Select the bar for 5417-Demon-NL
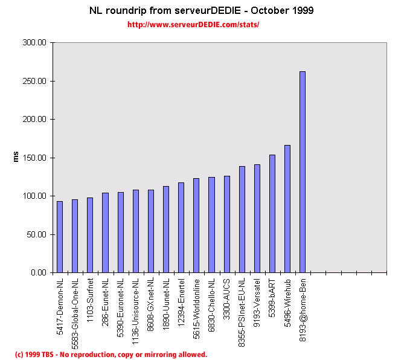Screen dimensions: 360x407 [x=60, y=237]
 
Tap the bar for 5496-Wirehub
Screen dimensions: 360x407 [x=287, y=209]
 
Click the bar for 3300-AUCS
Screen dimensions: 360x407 [x=227, y=224]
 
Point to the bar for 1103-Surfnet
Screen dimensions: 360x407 [x=90, y=235]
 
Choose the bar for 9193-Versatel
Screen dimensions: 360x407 [x=257, y=218]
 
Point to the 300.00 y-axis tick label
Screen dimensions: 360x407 [x=34, y=43]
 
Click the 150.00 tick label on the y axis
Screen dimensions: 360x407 [x=34, y=158]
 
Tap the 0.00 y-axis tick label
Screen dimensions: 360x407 [x=38, y=272]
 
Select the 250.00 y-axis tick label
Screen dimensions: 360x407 [x=34, y=81]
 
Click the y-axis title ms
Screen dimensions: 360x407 [x=17, y=157]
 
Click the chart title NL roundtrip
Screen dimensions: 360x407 [x=201, y=11]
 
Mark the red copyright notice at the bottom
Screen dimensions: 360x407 [x=111, y=355]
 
